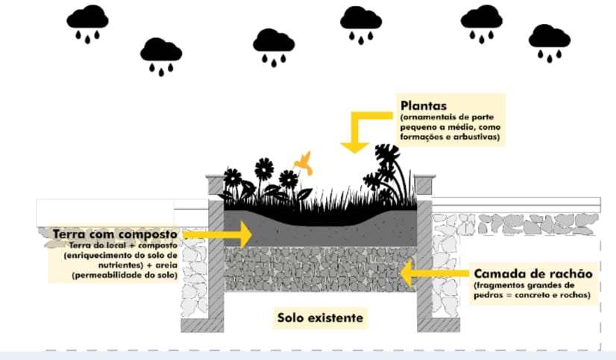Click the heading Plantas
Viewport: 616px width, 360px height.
click(424, 105)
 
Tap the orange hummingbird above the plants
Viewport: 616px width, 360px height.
click(302, 161)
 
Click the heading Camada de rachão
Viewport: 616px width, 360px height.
click(532, 274)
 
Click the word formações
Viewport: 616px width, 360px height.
click(422, 138)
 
